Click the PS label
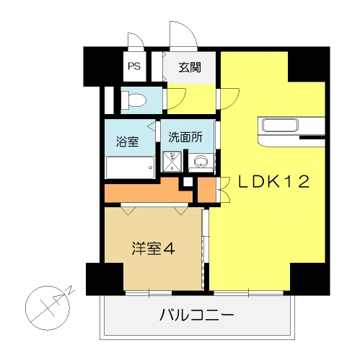click(x=134, y=66)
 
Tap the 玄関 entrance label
click(x=190, y=68)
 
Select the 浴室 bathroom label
click(x=127, y=142)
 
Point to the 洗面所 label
click(x=185, y=137)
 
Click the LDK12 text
click(x=273, y=181)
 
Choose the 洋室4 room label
click(x=153, y=248)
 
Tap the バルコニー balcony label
click(x=196, y=315)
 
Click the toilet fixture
click(x=133, y=100)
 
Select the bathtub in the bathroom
click(x=130, y=168)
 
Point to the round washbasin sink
click(x=201, y=161)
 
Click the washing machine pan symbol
click(x=172, y=162)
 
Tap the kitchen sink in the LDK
click(x=280, y=125)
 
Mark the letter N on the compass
click(x=71, y=290)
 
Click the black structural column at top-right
click(x=309, y=64)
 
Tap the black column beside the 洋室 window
click(x=105, y=279)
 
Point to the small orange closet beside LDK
click(x=206, y=190)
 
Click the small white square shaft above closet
click(x=188, y=182)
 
